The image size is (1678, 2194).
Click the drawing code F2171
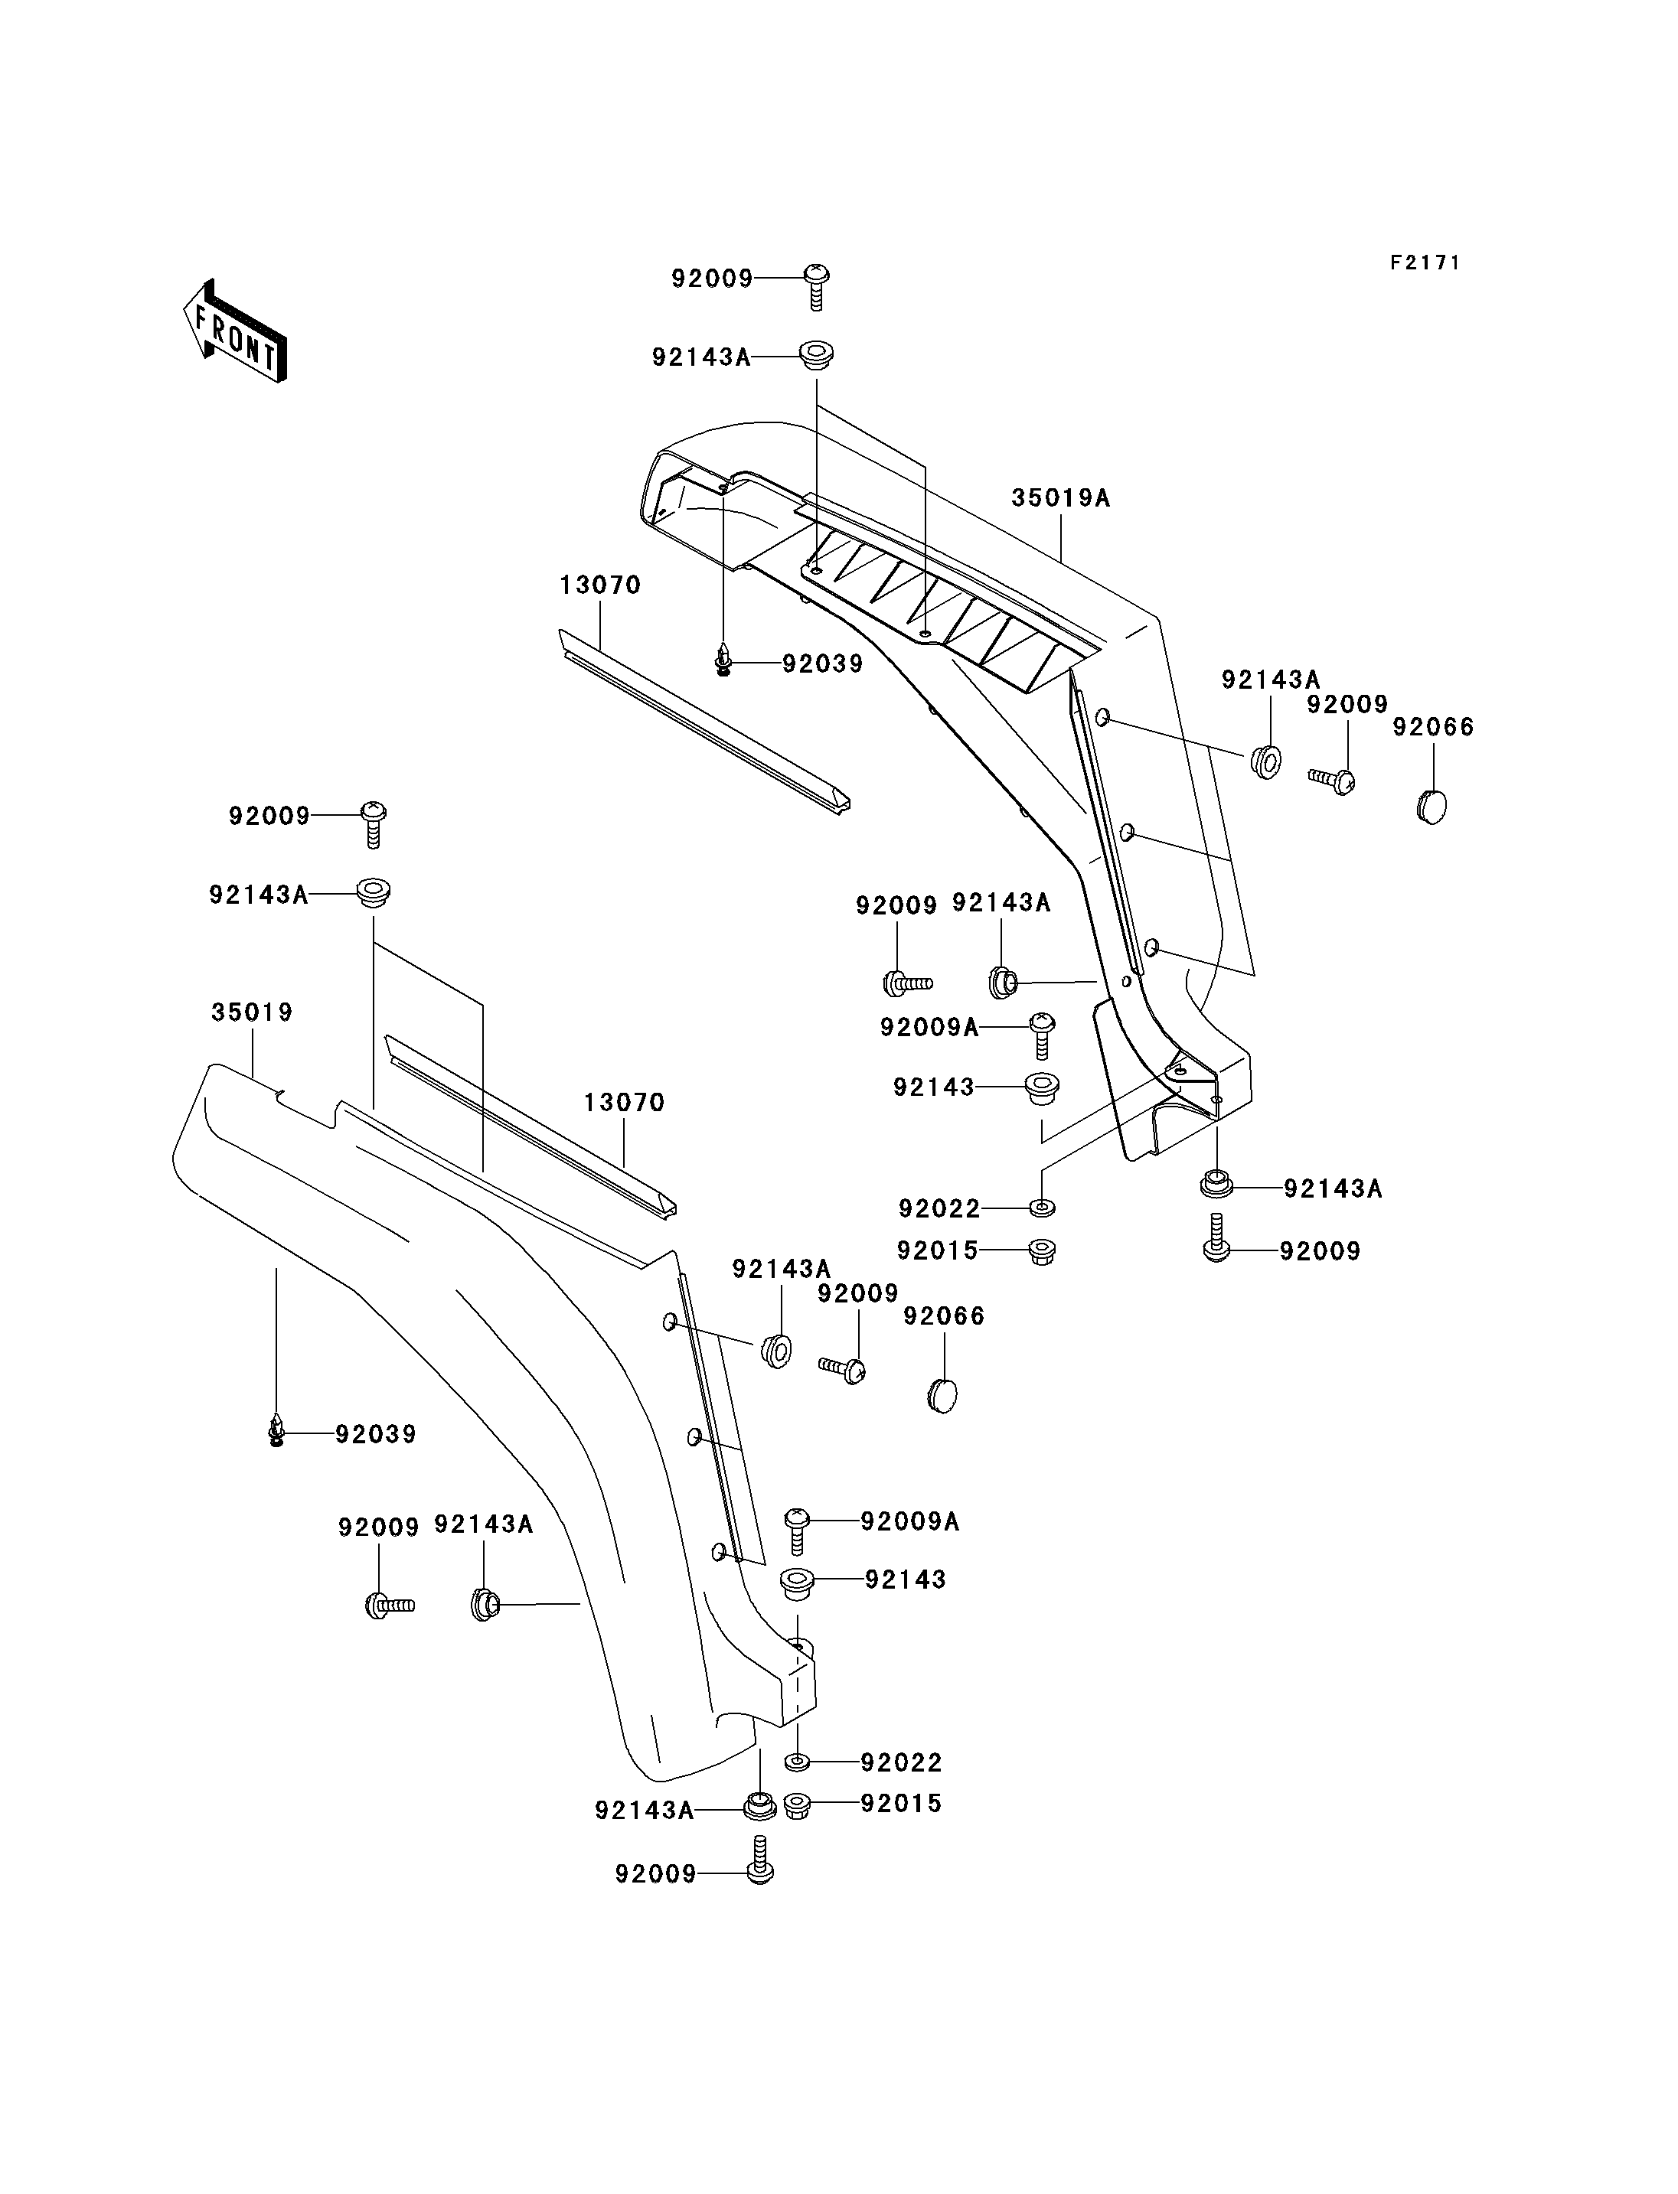(x=1425, y=262)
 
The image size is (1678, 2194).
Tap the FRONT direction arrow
(x=236, y=334)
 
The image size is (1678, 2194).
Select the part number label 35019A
(x=1061, y=497)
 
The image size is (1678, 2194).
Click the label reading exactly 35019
(x=252, y=1012)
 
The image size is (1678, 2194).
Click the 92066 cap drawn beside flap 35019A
(x=1432, y=803)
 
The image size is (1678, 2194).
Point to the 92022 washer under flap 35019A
(x=1042, y=1208)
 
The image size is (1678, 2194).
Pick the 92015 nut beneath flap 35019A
(x=1043, y=1250)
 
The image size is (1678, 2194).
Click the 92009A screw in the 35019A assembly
(x=1042, y=1035)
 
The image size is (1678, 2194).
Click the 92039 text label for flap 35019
(x=376, y=1434)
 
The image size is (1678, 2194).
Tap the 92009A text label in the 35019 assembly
(x=910, y=1521)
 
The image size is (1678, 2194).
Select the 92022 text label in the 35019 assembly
(x=901, y=1762)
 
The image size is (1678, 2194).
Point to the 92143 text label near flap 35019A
(x=934, y=1087)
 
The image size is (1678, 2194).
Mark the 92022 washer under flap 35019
(x=797, y=1762)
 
